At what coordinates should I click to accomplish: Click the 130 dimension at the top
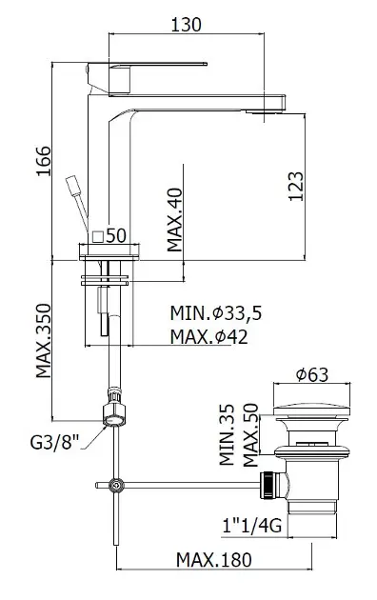click(186, 25)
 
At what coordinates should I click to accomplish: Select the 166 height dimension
click(43, 161)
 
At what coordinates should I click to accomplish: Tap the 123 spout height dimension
click(295, 187)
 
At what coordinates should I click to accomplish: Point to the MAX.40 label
click(175, 220)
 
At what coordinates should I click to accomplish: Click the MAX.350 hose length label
click(43, 341)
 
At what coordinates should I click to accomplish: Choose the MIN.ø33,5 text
click(216, 313)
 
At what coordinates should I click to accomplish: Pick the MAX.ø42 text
click(209, 337)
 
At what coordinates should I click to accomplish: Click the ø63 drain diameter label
click(312, 374)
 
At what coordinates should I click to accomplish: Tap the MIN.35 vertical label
click(227, 434)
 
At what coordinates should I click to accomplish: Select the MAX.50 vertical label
click(250, 434)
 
